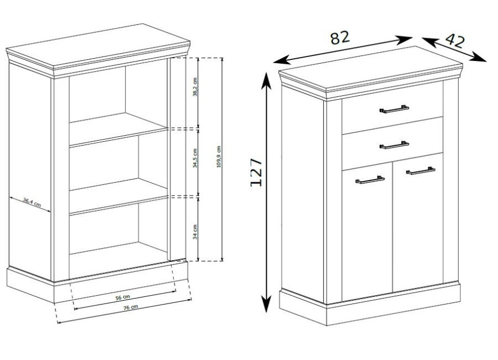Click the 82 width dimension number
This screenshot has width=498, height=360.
click(x=340, y=37)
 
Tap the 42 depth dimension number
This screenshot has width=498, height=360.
click(x=455, y=40)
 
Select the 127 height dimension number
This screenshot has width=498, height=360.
click(x=256, y=172)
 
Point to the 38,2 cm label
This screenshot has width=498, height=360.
click(x=195, y=87)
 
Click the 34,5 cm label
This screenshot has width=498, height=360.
click(x=195, y=158)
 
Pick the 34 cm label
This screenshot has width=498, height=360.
click(x=195, y=232)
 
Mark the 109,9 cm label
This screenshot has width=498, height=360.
click(x=219, y=157)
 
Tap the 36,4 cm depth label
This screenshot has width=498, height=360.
click(x=32, y=202)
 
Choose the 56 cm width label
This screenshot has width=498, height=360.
click(x=123, y=297)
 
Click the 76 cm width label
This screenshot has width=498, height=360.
click(x=130, y=307)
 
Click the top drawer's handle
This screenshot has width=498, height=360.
click(x=394, y=109)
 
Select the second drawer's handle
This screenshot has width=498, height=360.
click(x=394, y=145)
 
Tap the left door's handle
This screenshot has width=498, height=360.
click(x=370, y=179)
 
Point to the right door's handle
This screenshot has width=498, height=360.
click(x=421, y=171)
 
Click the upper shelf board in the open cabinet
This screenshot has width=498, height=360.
click(x=118, y=130)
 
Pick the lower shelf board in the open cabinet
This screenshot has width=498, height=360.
click(x=118, y=196)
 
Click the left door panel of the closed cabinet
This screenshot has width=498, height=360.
click(x=367, y=232)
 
